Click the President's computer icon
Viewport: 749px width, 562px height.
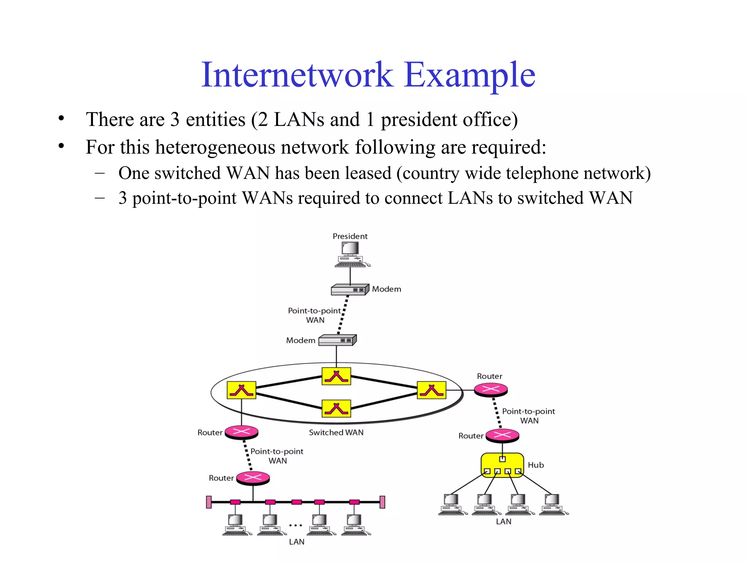350,254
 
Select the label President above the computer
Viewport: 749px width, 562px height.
350,236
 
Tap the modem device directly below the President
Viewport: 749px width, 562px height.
350,290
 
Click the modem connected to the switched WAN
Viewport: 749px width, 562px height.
337,340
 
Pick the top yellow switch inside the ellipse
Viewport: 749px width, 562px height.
336,376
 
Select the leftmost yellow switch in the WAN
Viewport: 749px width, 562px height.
241,390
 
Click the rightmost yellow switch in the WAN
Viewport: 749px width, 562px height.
432,390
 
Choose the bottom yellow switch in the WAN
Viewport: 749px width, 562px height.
336,408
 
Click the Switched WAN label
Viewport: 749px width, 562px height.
336,432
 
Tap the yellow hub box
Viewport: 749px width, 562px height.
502,465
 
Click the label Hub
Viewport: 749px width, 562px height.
536,465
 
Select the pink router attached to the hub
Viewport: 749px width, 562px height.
502,435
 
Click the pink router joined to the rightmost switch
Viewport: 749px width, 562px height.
491,390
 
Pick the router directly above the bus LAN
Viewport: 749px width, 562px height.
253,478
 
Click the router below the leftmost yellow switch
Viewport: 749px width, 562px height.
241,432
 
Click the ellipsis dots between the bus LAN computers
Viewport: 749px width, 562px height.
296,525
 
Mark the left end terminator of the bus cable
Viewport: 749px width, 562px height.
209,502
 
